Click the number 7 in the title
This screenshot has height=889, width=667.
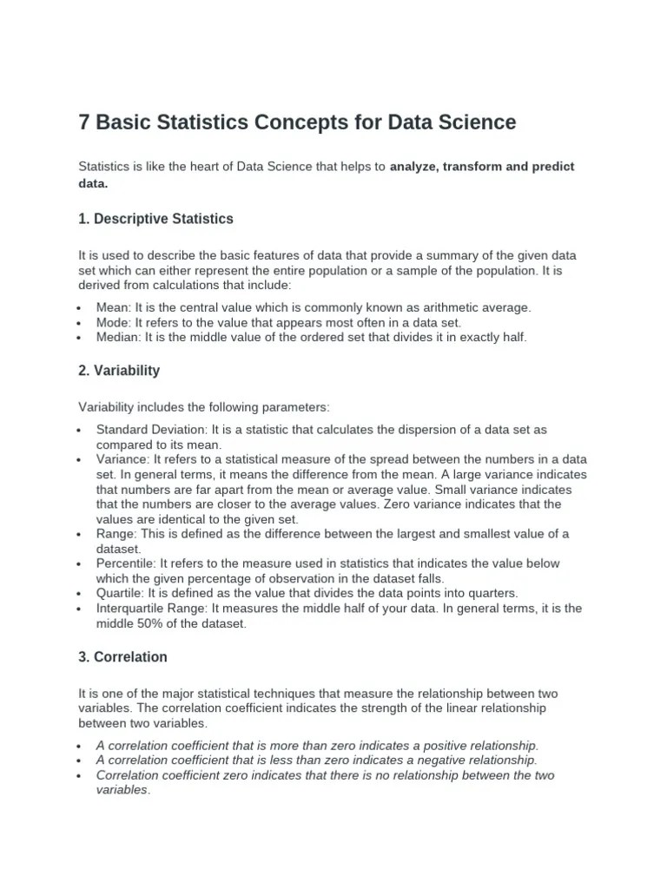tap(85, 123)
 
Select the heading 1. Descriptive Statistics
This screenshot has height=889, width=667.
tap(155, 219)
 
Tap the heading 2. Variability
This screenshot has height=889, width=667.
tap(119, 371)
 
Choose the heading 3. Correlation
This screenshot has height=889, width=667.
tap(122, 657)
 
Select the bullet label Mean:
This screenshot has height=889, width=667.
tap(113, 307)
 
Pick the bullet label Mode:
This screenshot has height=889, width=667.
tap(114, 322)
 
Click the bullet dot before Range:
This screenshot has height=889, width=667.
tap(79, 535)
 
